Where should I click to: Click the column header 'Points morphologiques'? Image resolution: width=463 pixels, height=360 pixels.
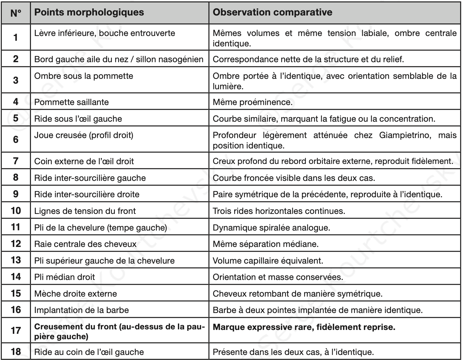(89, 12)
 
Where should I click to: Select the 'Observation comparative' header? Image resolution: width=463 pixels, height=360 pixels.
(273, 12)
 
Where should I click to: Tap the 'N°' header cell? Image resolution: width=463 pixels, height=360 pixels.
(16, 13)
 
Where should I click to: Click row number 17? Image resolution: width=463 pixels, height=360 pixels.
(16, 330)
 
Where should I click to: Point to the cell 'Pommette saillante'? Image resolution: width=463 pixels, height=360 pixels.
(71, 102)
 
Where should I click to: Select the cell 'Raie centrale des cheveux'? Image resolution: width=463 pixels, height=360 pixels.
(85, 244)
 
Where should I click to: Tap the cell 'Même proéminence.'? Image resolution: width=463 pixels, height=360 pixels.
(253, 102)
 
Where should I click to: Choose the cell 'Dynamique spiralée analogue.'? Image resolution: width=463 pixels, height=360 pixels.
(271, 228)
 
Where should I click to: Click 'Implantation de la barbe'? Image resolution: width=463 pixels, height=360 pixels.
(82, 310)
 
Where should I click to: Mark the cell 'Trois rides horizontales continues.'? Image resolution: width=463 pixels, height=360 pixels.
(279, 211)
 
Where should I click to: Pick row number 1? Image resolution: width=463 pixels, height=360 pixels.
(16, 37)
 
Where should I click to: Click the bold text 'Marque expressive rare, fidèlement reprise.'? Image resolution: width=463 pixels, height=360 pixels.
(304, 327)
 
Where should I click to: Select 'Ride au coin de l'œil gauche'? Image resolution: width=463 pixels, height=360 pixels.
(89, 352)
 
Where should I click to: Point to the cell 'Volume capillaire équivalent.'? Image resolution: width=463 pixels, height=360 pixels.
(268, 261)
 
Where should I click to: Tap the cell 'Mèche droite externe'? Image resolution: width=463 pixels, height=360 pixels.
(76, 294)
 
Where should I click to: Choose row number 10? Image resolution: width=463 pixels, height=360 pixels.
(16, 211)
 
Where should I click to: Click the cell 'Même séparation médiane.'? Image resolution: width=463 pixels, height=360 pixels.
(265, 244)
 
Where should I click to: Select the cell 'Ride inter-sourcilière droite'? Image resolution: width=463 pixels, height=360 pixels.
(87, 195)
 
